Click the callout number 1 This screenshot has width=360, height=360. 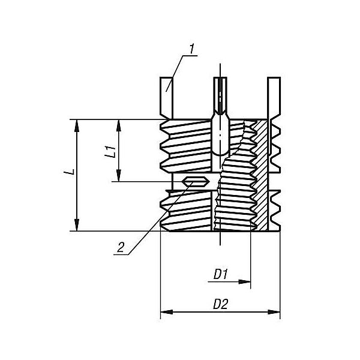tap(192, 49)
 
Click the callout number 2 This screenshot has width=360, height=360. tap(121, 247)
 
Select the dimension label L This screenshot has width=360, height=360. tap(71, 172)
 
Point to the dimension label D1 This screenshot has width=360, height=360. tap(220, 274)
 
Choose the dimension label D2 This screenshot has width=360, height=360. tap(220, 304)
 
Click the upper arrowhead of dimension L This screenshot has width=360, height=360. tap(77, 125)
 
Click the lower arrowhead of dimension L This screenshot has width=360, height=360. tap(77, 225)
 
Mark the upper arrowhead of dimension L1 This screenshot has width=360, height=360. tap(119, 125)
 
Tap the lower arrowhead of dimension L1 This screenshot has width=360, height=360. tap(119, 175)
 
